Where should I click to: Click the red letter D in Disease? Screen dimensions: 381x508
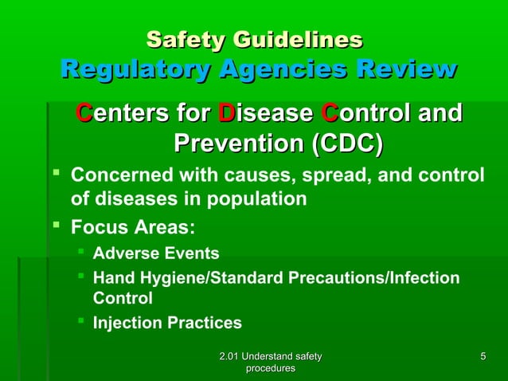pos(227,114)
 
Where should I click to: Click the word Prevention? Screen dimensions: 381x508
pos(239,144)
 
